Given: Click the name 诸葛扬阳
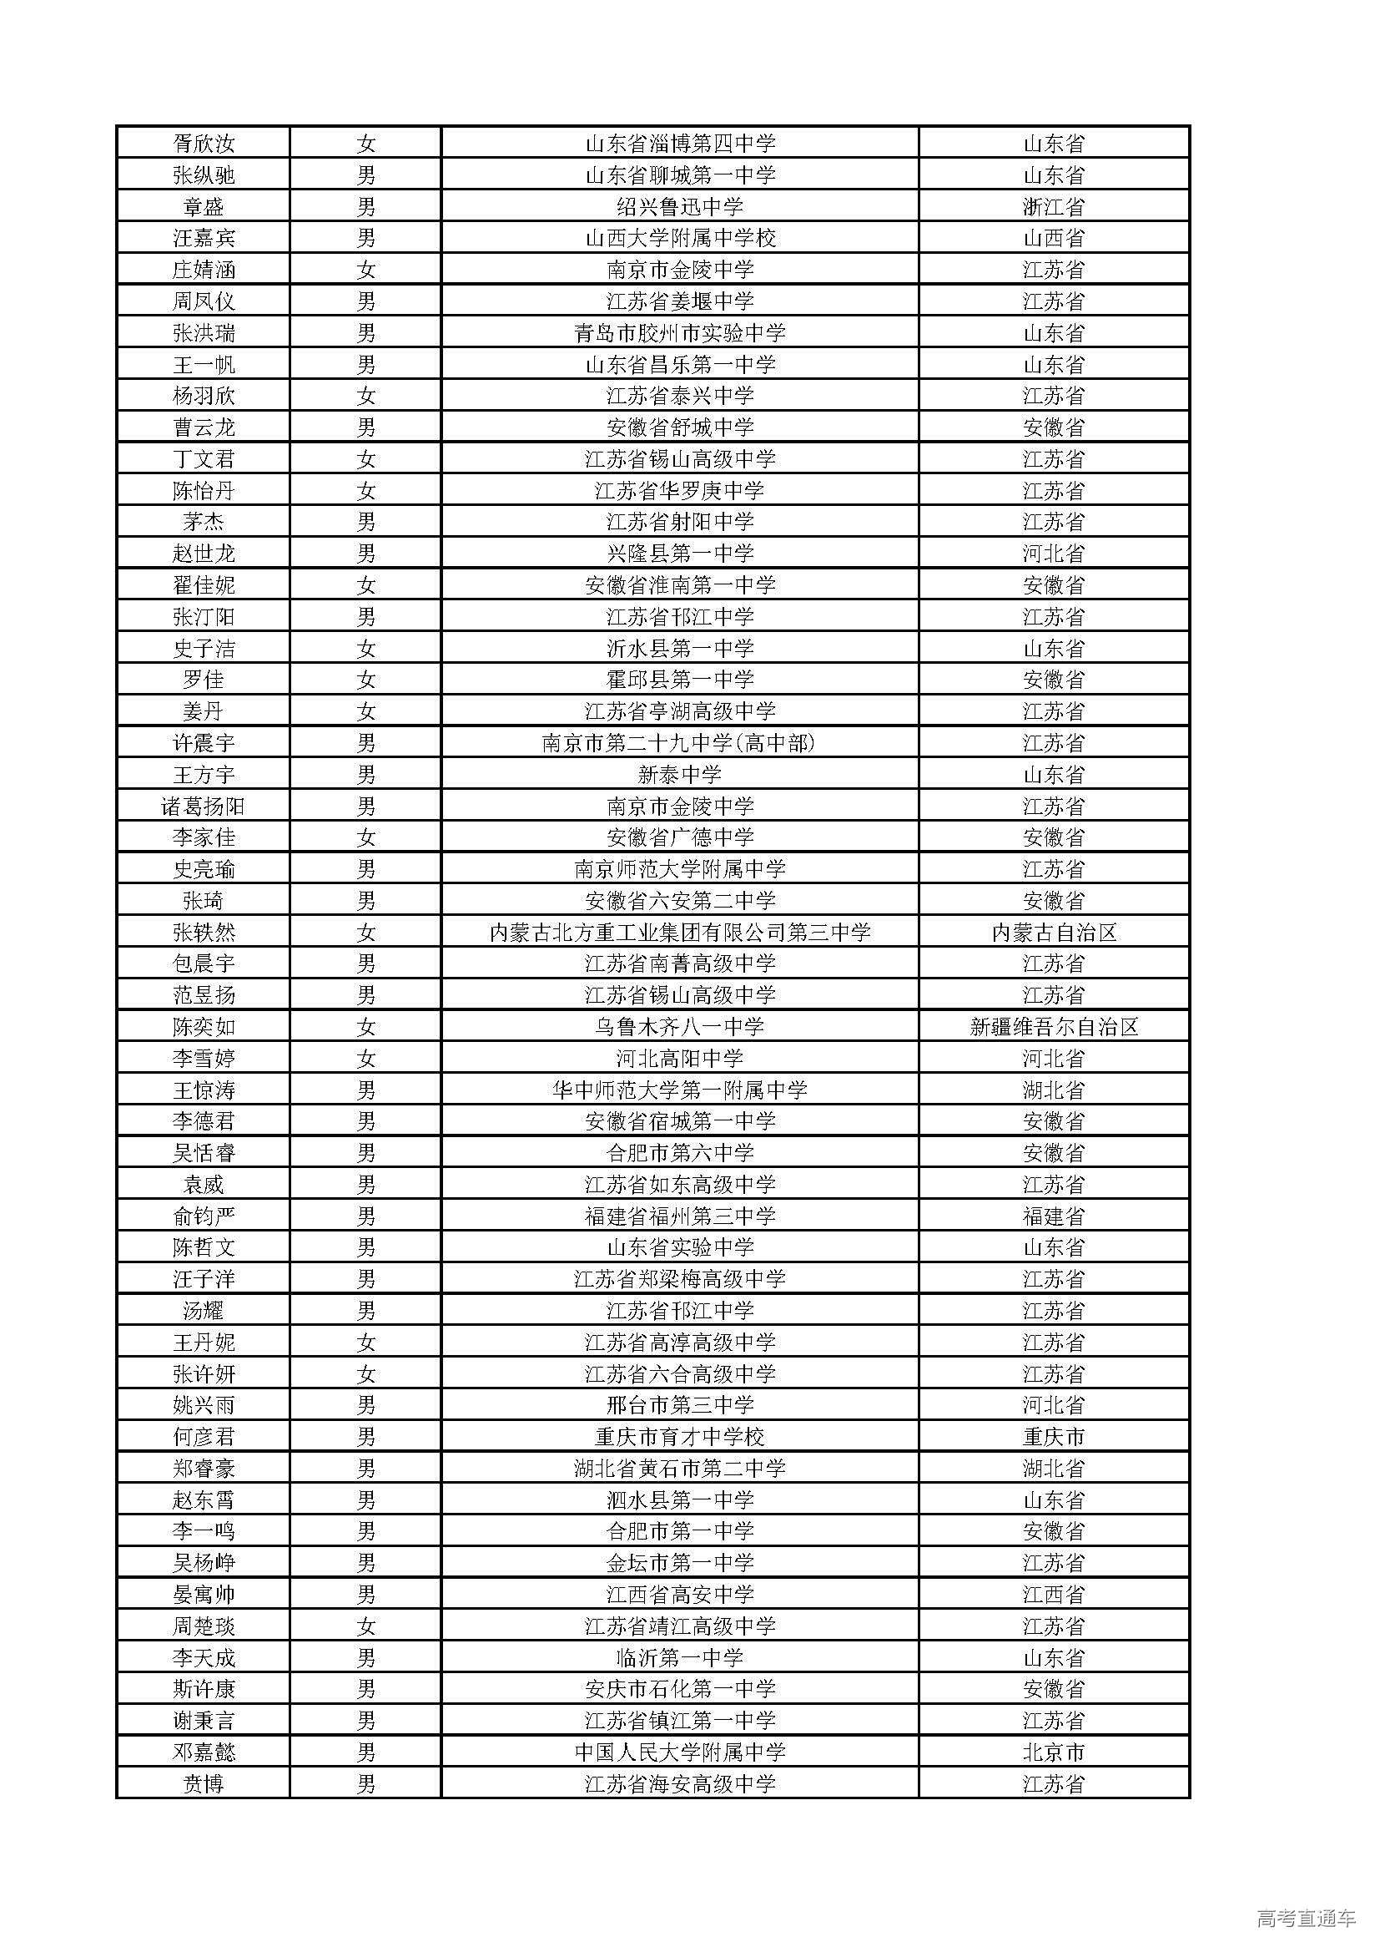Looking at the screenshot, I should pos(203,806).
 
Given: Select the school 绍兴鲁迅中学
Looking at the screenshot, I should pos(679,206).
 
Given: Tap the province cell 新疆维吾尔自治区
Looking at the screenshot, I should pos(1053,1027).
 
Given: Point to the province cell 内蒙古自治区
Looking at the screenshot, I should pos(1053,933).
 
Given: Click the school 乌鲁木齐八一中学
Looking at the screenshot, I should pos(679,1027).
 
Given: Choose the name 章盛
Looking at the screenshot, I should pos(203,206).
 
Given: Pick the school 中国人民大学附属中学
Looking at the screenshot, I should pos(679,1752).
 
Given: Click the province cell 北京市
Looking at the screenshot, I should pos(1053,1752).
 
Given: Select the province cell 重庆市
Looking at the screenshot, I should pos(1053,1437).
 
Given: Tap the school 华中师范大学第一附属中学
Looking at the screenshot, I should pos(679,1090).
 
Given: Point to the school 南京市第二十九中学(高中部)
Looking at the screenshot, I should pos(679,743).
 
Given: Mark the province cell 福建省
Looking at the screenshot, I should pos(1053,1216).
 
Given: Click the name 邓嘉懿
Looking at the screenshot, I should pos(203,1752).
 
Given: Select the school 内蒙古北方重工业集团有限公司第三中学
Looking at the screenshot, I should pos(679,933).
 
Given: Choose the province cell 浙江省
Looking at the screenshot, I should pos(1053,206).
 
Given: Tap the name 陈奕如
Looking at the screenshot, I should pos(203,1027).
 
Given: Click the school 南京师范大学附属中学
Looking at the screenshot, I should pos(679,869).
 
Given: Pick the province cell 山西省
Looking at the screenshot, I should pos(1053,238).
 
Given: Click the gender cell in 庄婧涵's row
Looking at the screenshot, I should pos(365,270).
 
